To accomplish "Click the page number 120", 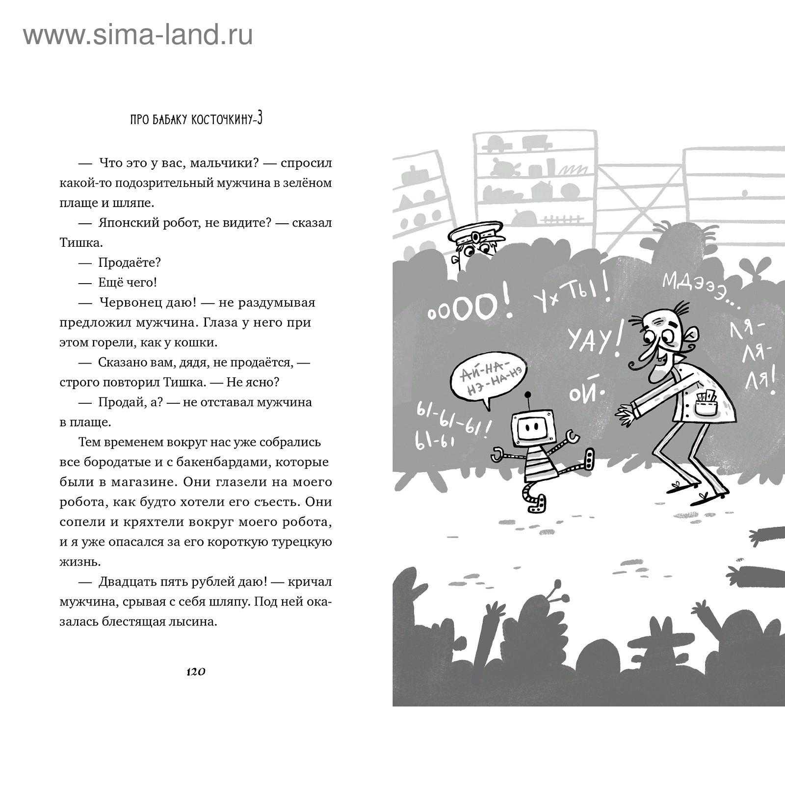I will pos(195,672).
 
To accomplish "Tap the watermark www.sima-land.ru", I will pos(138,35).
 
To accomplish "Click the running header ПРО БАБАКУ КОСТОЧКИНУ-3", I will pos(196,120).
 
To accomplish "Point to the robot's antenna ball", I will pos(528,394).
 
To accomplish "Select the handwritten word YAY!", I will pos(593,339).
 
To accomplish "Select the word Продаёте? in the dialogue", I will pos(130,263).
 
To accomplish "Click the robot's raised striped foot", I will pos(589,461).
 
